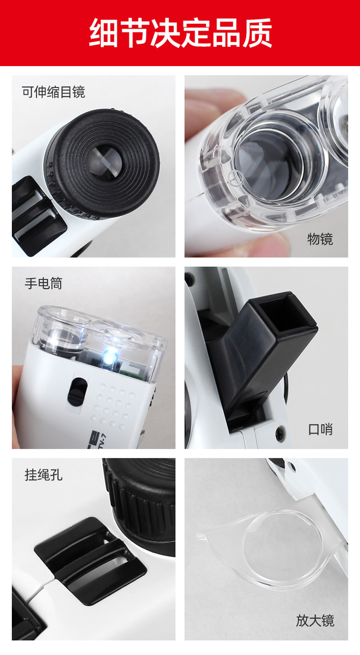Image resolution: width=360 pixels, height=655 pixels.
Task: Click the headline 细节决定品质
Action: pyautogui.click(x=180, y=33)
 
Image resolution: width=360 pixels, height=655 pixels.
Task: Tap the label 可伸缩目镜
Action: pyautogui.click(x=54, y=92)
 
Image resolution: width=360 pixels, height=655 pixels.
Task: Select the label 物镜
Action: pyautogui.click(x=320, y=239)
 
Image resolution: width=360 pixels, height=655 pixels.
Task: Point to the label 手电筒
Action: pyautogui.click(x=43, y=283)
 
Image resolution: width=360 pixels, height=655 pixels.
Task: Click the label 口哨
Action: pyautogui.click(x=321, y=429)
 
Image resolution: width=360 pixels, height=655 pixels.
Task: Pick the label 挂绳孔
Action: pyautogui.click(x=43, y=474)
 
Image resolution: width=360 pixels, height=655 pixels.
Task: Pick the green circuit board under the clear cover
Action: pyautogui.click(x=133, y=371)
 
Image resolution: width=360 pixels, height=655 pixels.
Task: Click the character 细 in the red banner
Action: pyautogui.click(x=104, y=33)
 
